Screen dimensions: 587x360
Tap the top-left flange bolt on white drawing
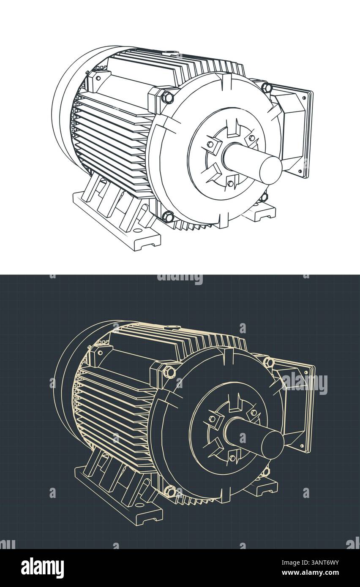tap(167, 98)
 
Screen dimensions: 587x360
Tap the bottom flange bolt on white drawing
tap(168, 217)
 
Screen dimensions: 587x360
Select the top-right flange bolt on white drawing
tap(267, 88)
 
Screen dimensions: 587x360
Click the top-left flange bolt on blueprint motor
tap(169, 372)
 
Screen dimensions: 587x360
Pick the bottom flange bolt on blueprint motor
tap(170, 491)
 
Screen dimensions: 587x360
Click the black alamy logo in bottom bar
tap(42, 568)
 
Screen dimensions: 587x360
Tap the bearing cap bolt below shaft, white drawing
tap(231, 183)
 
